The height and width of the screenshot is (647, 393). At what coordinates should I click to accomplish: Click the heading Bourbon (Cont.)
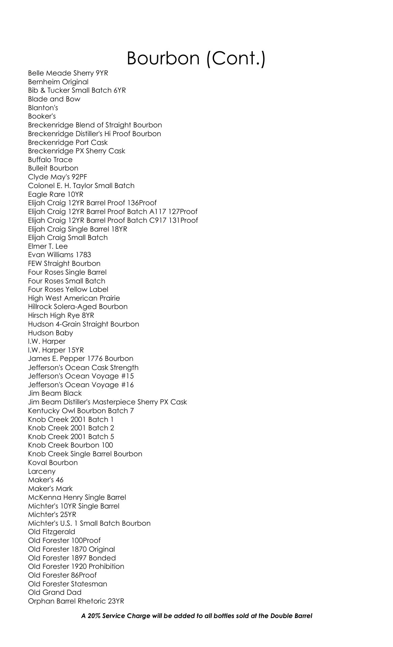click(x=196, y=58)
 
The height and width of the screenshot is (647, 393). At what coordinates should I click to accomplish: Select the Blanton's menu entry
click(x=43, y=108)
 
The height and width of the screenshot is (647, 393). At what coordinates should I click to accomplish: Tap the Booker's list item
click(x=42, y=116)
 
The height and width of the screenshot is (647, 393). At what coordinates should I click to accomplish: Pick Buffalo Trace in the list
click(x=50, y=160)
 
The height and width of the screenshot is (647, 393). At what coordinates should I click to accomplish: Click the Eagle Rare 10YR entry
click(x=56, y=194)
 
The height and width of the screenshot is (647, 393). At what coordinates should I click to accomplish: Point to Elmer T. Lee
click(x=48, y=246)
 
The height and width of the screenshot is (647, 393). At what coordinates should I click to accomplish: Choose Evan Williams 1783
click(x=59, y=255)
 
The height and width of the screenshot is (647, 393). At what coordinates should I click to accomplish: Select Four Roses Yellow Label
click(x=68, y=289)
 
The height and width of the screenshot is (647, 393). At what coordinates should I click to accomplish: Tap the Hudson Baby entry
click(x=51, y=333)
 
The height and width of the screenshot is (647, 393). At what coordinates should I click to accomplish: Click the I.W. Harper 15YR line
click(x=56, y=350)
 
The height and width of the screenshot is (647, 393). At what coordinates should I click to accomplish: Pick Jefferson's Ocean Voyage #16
click(x=81, y=385)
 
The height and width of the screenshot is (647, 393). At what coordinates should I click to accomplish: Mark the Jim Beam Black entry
click(x=55, y=393)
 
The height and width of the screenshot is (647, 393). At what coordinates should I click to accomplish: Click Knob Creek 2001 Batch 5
click(x=71, y=437)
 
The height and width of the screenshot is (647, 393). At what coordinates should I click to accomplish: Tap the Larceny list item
click(x=42, y=471)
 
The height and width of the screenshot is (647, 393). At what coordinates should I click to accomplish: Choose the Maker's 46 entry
click(x=46, y=480)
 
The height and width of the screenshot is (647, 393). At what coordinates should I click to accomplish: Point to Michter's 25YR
click(x=52, y=515)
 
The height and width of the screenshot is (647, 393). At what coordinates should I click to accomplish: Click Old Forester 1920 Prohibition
click(x=76, y=566)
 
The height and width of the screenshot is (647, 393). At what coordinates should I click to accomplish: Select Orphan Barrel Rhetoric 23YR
click(x=76, y=601)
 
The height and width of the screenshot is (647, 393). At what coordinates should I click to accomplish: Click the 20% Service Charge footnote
click(x=196, y=616)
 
